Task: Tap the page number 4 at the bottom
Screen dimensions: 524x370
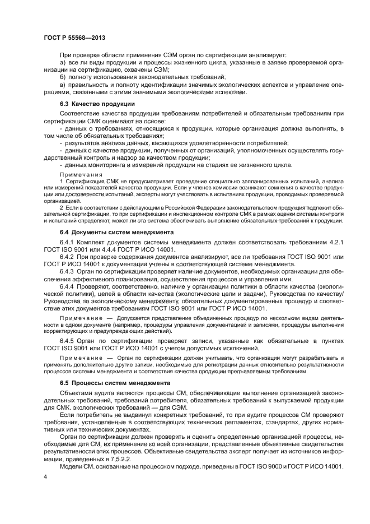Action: [45, 476]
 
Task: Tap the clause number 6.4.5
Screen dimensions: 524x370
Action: [67, 340]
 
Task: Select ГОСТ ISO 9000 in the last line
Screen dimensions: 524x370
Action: [255, 467]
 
